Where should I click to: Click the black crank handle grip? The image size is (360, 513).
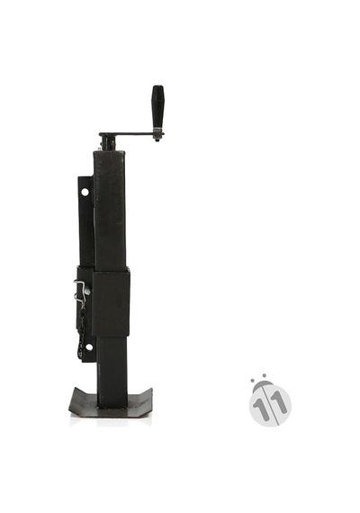coord(157,107)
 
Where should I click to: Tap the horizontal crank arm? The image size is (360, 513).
coord(127,133)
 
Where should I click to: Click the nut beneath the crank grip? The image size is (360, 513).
coord(158,135)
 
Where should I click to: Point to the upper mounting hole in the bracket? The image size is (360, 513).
coord(85,192)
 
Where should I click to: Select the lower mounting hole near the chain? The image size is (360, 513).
coord(89,347)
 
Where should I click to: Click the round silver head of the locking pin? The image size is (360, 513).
coord(87,291)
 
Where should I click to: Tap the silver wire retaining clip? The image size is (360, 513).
coord(80,292)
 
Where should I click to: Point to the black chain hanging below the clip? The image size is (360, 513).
coord(81,331)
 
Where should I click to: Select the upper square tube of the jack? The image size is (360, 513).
coord(110,211)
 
